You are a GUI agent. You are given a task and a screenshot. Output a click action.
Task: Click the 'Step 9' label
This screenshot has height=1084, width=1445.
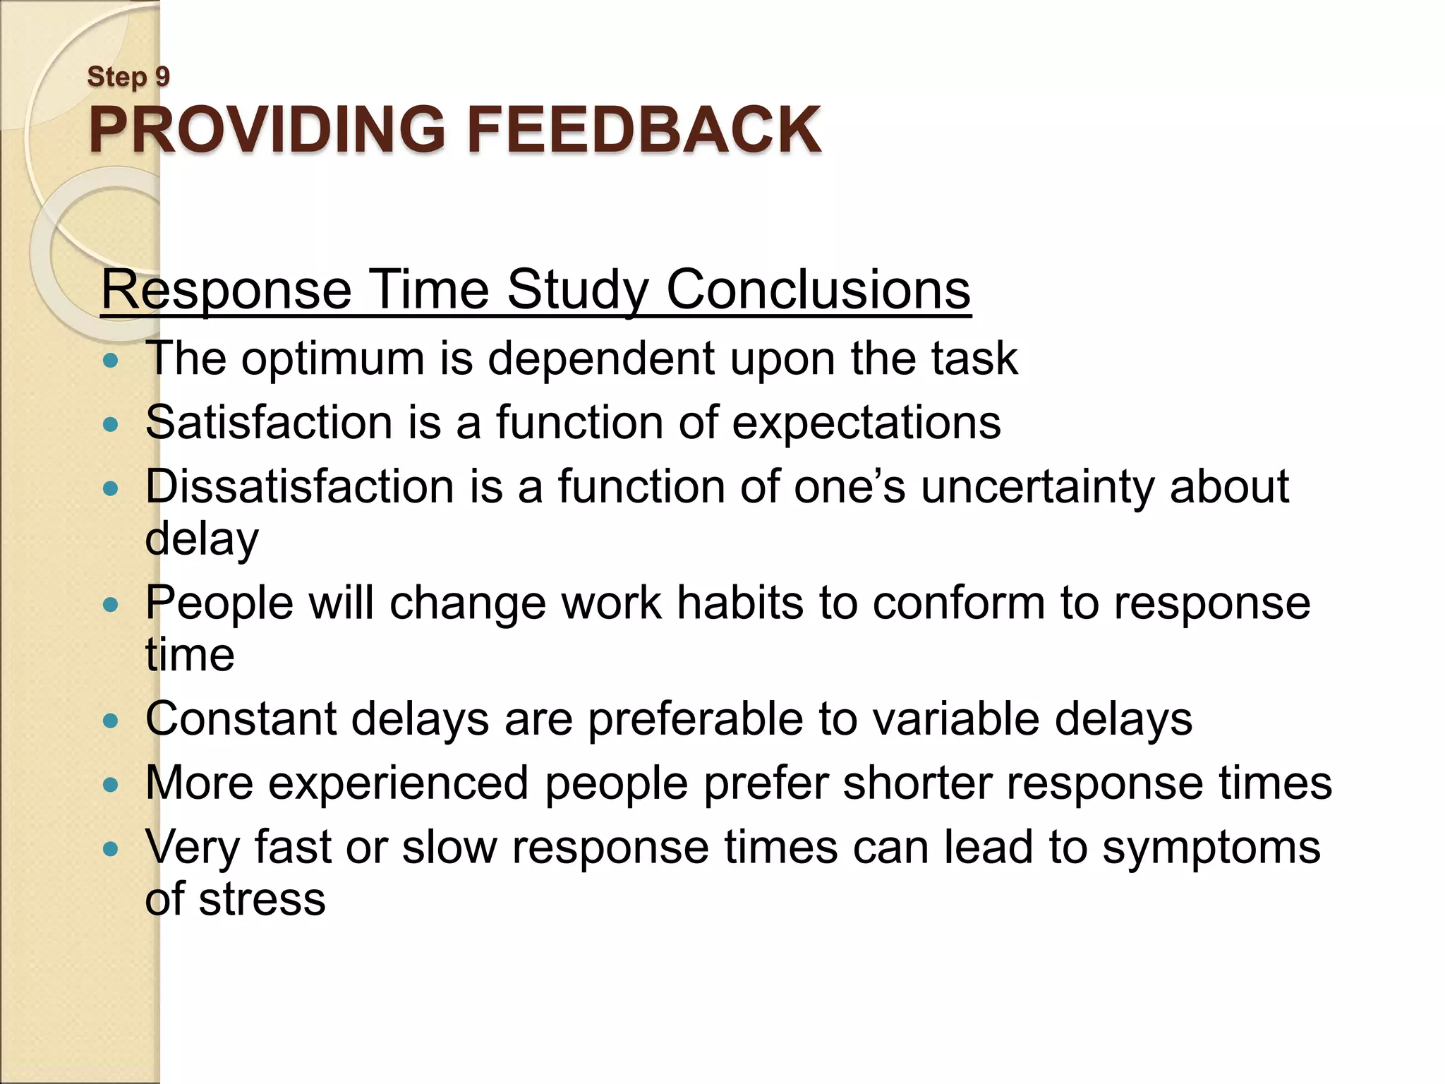[128, 77]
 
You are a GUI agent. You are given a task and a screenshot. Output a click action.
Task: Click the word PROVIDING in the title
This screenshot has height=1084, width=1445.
[267, 130]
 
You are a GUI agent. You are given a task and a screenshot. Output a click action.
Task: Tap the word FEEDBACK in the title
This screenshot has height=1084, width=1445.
[643, 130]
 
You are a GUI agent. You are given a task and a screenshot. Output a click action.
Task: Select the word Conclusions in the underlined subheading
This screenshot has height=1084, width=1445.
[818, 289]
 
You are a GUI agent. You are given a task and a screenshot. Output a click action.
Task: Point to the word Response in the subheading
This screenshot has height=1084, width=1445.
[226, 291]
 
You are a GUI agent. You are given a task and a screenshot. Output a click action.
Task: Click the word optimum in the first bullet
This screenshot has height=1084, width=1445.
[332, 359]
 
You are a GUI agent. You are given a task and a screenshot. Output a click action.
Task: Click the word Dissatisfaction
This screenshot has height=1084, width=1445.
[299, 487]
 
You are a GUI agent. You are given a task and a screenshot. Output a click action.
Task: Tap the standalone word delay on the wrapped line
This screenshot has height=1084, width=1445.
[202, 540]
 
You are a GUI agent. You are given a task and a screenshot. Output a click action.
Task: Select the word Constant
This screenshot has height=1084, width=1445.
[240, 719]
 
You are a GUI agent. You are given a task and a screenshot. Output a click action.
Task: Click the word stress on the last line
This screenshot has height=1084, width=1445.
[262, 900]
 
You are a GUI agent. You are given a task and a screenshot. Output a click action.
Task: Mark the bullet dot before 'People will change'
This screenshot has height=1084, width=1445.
[110, 605]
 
